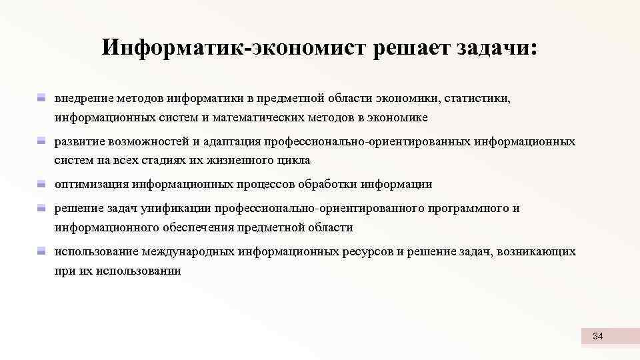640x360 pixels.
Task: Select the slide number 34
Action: [597, 337]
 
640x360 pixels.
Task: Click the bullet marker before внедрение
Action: [41, 99]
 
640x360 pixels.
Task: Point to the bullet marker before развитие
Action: [41, 142]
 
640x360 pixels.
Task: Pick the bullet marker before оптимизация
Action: [41, 184]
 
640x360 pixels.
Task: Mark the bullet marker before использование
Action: [41, 252]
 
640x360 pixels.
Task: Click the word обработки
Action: [340, 184]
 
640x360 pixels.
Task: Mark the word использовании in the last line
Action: [138, 271]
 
